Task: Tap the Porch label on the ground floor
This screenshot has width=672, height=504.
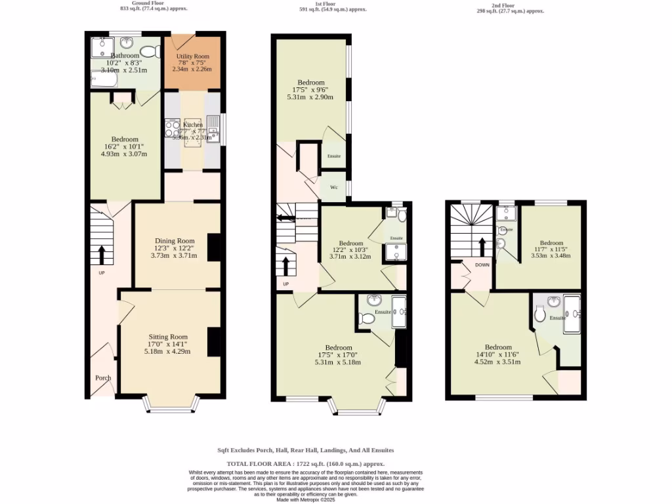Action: click(103, 378)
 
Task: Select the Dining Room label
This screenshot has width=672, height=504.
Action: click(175, 241)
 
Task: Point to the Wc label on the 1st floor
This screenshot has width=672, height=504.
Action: click(333, 188)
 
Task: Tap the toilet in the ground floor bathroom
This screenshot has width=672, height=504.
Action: click(150, 51)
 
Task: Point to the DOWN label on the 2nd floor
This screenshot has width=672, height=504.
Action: click(482, 265)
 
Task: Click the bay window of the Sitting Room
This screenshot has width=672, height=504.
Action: click(170, 406)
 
